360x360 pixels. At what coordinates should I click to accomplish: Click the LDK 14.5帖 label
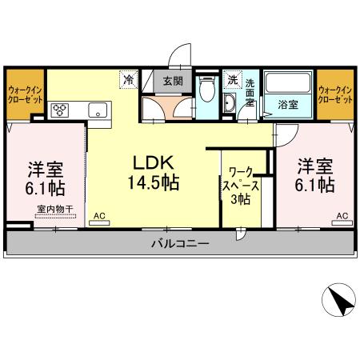[152, 170]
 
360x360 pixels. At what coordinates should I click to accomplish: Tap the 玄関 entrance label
[174, 80]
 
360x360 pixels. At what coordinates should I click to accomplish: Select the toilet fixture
[207, 88]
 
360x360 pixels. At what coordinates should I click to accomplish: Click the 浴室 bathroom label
[289, 103]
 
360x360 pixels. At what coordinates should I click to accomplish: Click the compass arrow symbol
[338, 302]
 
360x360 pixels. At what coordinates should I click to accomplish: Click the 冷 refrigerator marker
[128, 79]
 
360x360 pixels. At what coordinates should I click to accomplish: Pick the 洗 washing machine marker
[232, 79]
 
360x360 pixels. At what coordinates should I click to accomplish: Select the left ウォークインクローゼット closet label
[24, 96]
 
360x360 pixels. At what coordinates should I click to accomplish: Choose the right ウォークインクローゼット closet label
[335, 96]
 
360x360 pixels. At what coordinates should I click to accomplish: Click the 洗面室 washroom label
[250, 94]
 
